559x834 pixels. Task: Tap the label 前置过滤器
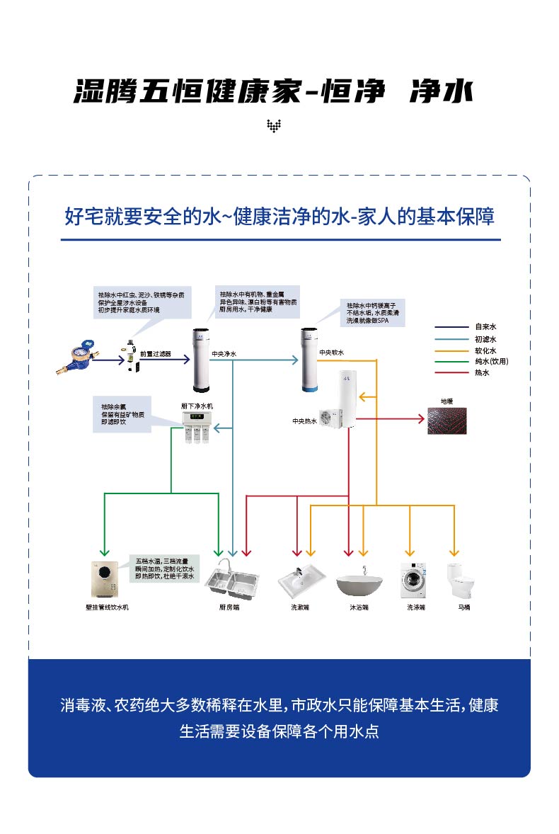click(x=155, y=353)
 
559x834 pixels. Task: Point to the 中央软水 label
click(x=331, y=353)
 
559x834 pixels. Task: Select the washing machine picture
click(x=413, y=581)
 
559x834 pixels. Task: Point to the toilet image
click(x=456, y=581)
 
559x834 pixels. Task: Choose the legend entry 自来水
click(x=485, y=327)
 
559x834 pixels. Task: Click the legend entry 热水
click(x=481, y=372)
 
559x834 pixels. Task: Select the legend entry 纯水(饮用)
click(x=491, y=361)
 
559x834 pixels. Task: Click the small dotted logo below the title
click(x=274, y=126)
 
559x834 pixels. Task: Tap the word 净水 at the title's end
click(x=440, y=91)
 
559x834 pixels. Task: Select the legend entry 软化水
click(x=485, y=350)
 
